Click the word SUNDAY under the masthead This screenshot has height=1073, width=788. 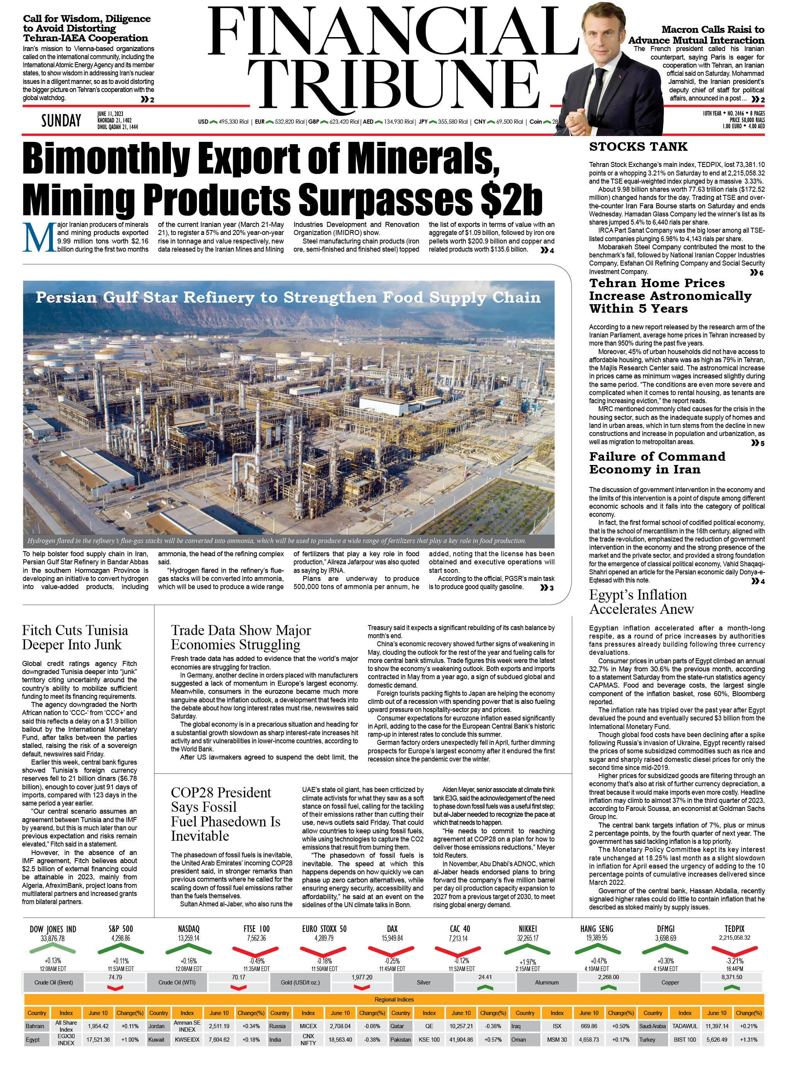pos(61,121)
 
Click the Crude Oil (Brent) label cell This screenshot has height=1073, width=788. pos(53,983)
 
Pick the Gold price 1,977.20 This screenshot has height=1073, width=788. pos(362,977)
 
